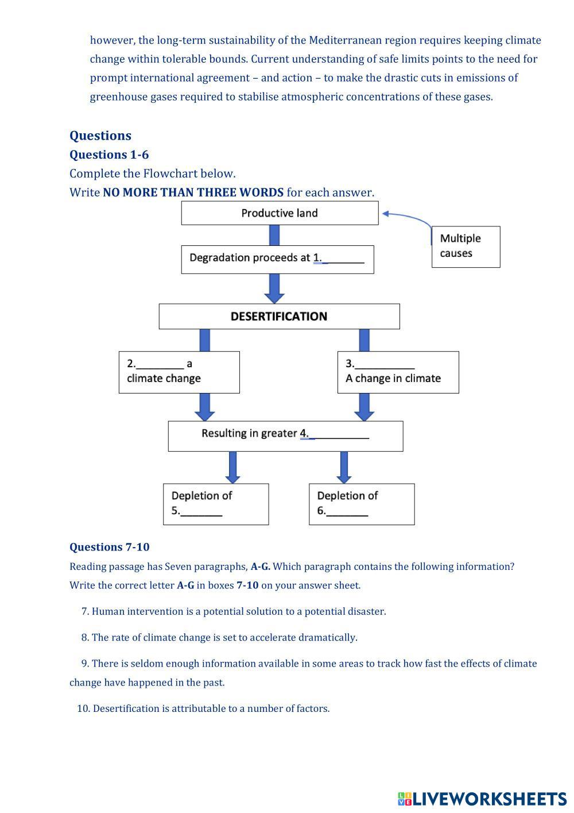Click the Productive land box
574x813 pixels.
tap(280, 213)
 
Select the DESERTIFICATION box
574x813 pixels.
tap(279, 317)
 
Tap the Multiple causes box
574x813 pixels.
tap(466, 246)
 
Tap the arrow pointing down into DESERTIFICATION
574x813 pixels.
tap(274, 288)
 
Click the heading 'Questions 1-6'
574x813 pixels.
tap(109, 155)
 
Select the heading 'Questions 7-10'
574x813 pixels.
tap(110, 547)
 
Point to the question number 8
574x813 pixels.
tap(85, 637)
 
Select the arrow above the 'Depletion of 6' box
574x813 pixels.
tap(344, 467)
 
